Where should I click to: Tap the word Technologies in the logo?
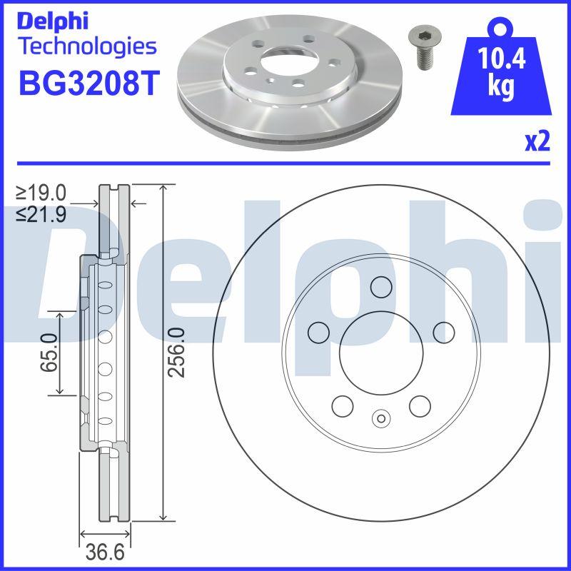point(86,48)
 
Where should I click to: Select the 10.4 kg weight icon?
point(501,71)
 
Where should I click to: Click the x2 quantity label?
point(538,142)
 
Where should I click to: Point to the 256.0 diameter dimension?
point(179,352)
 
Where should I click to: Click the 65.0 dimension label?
point(49,352)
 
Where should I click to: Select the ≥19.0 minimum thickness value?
point(42,193)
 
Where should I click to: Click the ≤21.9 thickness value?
point(42,213)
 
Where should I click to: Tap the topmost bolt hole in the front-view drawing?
point(381,285)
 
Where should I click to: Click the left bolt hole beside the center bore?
point(318,332)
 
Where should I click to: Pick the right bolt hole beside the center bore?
point(444,331)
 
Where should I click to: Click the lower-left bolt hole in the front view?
point(343,405)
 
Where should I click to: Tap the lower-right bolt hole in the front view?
point(420,405)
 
